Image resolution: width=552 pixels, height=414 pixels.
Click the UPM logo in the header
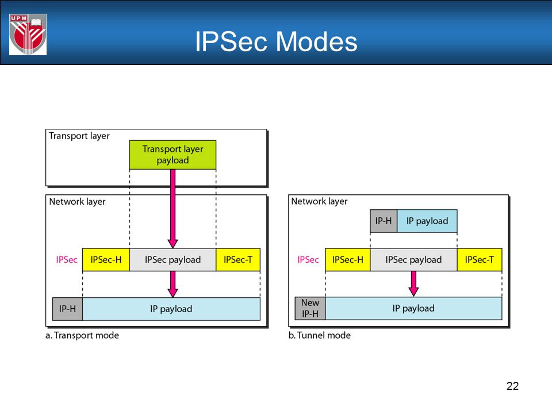(x=28, y=34)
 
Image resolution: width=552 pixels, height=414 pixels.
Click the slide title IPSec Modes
(x=276, y=41)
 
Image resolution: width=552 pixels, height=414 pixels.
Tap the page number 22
(x=512, y=386)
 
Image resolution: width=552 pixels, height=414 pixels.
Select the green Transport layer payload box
(x=173, y=155)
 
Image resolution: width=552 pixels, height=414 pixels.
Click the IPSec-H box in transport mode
(x=106, y=260)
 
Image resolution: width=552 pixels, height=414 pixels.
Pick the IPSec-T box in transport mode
(x=238, y=260)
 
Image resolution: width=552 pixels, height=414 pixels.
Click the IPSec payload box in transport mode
(x=173, y=260)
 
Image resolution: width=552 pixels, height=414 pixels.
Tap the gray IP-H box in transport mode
(x=68, y=309)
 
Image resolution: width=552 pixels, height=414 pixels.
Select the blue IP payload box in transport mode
(x=171, y=309)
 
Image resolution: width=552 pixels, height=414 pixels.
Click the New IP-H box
(x=310, y=308)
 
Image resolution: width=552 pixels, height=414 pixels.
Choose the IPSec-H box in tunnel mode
(x=348, y=260)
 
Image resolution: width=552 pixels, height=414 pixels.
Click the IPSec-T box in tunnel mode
(x=480, y=260)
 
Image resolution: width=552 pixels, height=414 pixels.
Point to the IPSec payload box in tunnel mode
(x=413, y=260)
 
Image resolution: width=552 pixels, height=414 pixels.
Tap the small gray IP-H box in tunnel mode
(x=384, y=221)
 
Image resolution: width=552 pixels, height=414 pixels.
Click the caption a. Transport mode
(x=82, y=335)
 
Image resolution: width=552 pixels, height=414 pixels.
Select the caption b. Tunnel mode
(x=320, y=335)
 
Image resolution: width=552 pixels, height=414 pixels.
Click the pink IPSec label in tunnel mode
(x=308, y=260)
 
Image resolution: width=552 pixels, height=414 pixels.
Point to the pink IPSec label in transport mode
(x=67, y=260)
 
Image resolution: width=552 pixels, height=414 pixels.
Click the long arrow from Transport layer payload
(x=173, y=209)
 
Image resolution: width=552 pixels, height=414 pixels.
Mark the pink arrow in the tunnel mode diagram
(x=413, y=283)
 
